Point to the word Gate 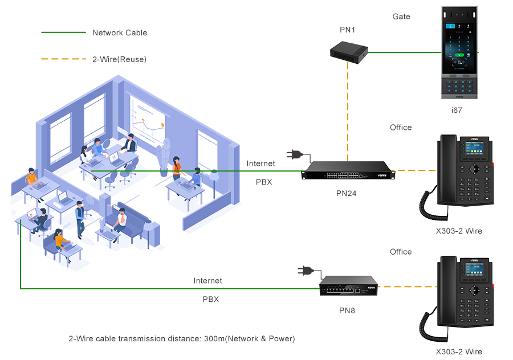[401, 17]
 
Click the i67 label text [457, 110]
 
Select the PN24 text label [346, 194]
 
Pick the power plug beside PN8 [303, 271]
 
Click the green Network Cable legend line [63, 32]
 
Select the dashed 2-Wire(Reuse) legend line [63, 59]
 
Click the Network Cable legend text [120, 32]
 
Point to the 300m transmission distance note [182, 338]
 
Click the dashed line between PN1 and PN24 [348, 108]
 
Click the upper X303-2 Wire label [459, 231]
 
